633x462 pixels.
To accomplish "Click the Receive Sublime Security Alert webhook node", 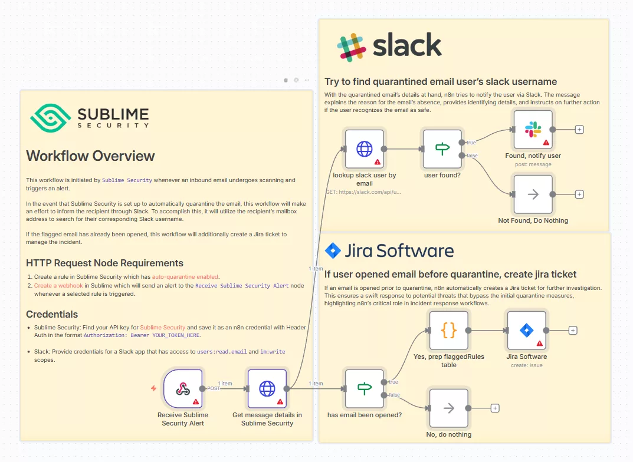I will click(183, 388).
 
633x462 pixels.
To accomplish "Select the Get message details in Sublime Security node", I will click(267, 388).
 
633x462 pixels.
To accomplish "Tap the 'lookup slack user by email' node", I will click(364, 149).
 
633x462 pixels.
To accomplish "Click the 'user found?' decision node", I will click(442, 149).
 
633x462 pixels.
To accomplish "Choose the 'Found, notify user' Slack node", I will click(533, 130).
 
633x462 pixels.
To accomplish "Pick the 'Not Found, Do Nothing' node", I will click(533, 194).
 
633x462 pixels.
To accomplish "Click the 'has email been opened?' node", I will click(364, 388).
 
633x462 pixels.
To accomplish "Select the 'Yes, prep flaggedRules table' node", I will click(448, 331).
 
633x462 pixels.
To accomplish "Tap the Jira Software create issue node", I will click(526, 331).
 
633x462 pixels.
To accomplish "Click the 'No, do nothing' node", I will click(448, 408).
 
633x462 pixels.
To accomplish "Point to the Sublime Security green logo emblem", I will click(50, 118).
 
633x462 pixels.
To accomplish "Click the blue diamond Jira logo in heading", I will click(333, 250).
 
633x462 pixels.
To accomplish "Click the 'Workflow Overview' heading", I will click(90, 156).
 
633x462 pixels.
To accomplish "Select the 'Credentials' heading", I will click(52, 314).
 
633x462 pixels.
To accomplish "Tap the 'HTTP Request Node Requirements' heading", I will click(104, 263).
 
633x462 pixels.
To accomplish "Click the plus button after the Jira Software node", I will click(573, 331).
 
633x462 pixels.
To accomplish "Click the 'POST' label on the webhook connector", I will click(214, 388).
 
